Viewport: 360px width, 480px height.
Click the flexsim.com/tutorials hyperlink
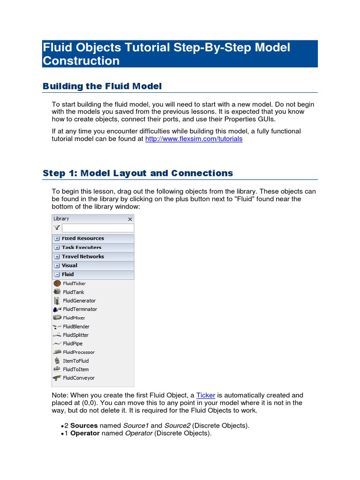(194, 139)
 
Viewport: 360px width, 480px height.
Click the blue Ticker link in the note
(205, 395)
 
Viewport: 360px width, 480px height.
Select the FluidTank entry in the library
(73, 292)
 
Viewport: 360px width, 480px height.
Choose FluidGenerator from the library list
(79, 300)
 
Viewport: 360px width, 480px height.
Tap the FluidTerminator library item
(80, 309)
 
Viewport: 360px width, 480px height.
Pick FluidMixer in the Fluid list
(74, 318)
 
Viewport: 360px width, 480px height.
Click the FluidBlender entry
(76, 326)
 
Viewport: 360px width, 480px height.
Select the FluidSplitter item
(75, 335)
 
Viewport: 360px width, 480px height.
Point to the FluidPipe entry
(73, 344)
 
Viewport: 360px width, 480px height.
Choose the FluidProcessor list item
(78, 352)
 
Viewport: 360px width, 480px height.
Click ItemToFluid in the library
(75, 361)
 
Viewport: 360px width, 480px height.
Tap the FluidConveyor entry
(78, 378)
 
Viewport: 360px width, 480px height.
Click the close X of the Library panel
(130, 219)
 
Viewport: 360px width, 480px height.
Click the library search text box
(97, 228)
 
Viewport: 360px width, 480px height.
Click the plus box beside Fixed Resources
(57, 239)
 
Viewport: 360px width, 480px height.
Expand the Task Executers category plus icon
(57, 247)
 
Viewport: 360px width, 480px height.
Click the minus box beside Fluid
(57, 275)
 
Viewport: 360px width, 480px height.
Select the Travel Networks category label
(82, 256)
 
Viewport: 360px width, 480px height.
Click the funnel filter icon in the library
(57, 228)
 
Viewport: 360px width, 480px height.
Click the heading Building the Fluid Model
(102, 86)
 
